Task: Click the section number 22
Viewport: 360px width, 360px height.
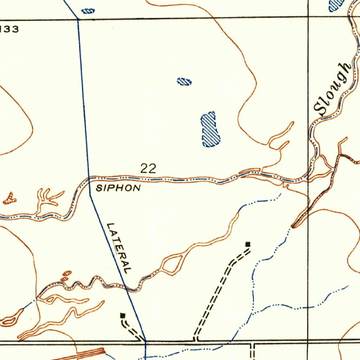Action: [x=148, y=168]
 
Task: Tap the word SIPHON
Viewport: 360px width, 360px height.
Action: [x=118, y=188]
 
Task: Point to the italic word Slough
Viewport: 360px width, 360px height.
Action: [x=332, y=89]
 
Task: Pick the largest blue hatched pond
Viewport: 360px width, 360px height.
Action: [x=210, y=130]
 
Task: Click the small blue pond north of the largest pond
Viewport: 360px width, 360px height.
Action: [x=184, y=82]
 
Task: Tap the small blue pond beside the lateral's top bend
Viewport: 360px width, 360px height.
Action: [x=88, y=11]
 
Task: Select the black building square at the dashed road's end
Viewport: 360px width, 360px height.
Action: [x=248, y=244]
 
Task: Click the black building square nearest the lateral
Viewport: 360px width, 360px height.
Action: [x=122, y=315]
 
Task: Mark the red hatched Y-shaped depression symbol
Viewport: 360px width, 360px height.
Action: [x=9, y=199]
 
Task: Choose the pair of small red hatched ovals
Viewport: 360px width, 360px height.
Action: [x=65, y=276]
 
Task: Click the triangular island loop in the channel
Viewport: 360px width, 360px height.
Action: [x=172, y=264]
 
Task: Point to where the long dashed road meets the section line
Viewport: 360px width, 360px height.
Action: [x=195, y=340]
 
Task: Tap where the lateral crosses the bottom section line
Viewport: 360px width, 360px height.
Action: [x=145, y=341]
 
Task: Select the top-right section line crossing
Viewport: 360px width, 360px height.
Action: [x=308, y=17]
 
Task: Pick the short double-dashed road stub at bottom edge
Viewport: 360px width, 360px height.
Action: [x=252, y=351]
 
